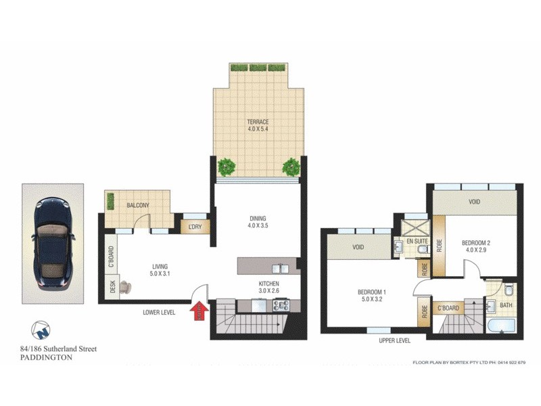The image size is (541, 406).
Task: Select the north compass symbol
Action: (41, 330)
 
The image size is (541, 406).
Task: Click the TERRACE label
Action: (258, 126)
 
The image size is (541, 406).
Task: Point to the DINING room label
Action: (258, 222)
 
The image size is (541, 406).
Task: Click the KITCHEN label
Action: (268, 287)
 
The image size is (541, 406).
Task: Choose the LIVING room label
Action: (160, 270)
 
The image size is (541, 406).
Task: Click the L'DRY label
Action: (195, 227)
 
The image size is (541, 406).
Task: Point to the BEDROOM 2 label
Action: (476, 246)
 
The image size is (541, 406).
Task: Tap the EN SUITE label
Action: (416, 240)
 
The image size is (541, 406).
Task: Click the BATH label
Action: (506, 305)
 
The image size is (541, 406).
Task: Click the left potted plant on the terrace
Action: (226, 166)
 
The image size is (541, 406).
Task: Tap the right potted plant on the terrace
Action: (291, 166)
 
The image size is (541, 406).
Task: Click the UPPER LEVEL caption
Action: (396, 340)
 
